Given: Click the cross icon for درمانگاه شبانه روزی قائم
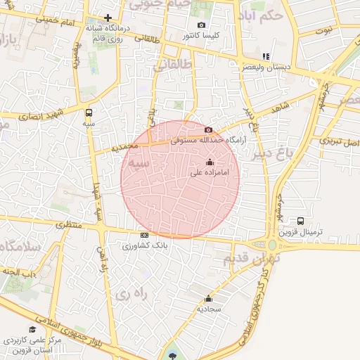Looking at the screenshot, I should [108, 18].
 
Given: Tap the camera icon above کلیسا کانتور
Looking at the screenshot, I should [201, 25].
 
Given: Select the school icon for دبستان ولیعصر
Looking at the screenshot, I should [265, 56].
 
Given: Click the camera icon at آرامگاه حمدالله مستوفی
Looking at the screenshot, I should [208, 130].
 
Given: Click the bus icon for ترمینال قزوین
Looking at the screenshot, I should [301, 221].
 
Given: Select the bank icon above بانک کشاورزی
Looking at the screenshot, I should [144, 236].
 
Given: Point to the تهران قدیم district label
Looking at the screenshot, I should [252, 259].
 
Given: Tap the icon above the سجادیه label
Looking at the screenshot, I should [209, 299].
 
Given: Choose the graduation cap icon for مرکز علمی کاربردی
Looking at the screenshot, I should [32, 329].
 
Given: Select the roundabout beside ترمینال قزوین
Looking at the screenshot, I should [272, 245].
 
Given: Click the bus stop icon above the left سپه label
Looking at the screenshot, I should [89, 112].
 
